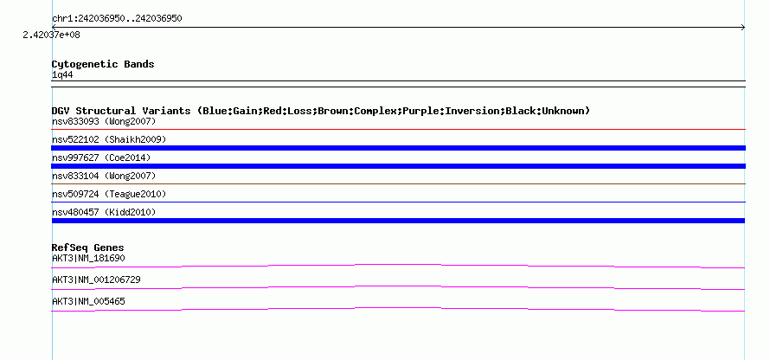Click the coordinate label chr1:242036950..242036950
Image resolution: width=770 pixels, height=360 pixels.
(117, 19)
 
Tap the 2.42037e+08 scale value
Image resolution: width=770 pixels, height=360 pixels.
(52, 35)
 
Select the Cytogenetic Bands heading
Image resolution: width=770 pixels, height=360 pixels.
(103, 64)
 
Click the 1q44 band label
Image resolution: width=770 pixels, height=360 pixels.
(63, 75)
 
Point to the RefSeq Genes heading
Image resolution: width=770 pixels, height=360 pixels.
(88, 247)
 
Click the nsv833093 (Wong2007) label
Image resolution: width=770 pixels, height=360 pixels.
(104, 121)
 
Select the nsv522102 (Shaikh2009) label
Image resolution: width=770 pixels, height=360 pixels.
(109, 139)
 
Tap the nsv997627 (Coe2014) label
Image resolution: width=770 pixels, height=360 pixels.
(101, 157)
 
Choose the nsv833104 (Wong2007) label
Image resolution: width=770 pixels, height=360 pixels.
(104, 176)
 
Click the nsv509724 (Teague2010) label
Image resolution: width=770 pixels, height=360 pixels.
(109, 194)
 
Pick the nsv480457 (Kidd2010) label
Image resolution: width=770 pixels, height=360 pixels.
(104, 212)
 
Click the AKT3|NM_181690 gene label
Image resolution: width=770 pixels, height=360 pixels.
(85, 259)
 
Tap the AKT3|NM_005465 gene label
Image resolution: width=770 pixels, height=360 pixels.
(88, 301)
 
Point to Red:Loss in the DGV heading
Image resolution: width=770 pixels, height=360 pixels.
(287, 111)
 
